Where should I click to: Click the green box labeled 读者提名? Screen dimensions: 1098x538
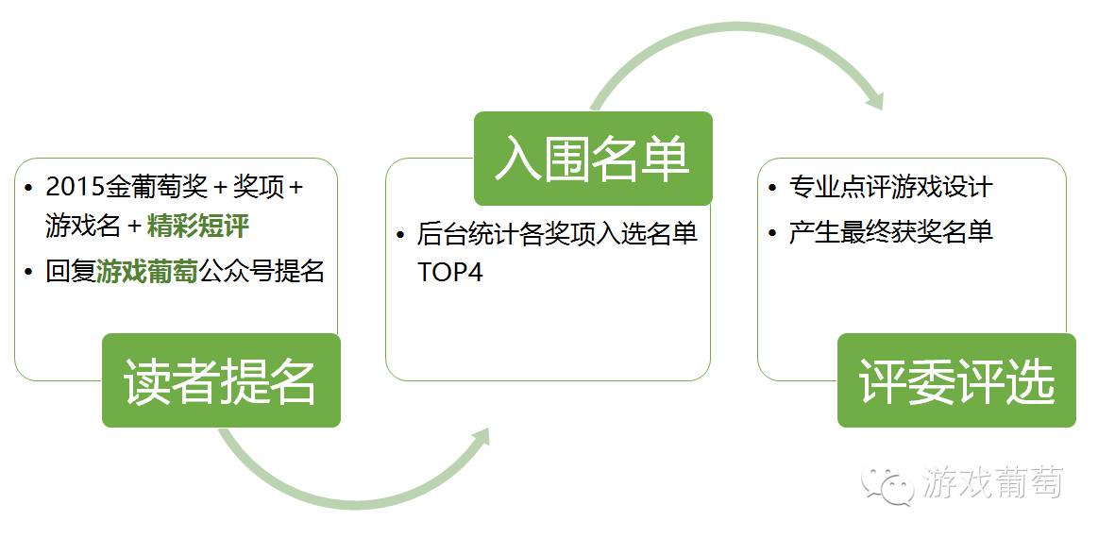coord(221,380)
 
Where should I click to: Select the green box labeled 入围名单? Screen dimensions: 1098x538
coord(593,159)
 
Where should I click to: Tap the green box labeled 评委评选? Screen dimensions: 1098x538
coord(956,380)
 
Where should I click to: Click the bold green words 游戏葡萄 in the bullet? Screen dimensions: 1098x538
coord(147,272)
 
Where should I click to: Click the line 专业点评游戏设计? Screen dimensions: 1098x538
coord(890,187)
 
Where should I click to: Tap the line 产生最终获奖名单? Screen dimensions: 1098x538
coord(890,231)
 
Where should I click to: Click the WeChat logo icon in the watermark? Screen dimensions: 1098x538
coord(886,483)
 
